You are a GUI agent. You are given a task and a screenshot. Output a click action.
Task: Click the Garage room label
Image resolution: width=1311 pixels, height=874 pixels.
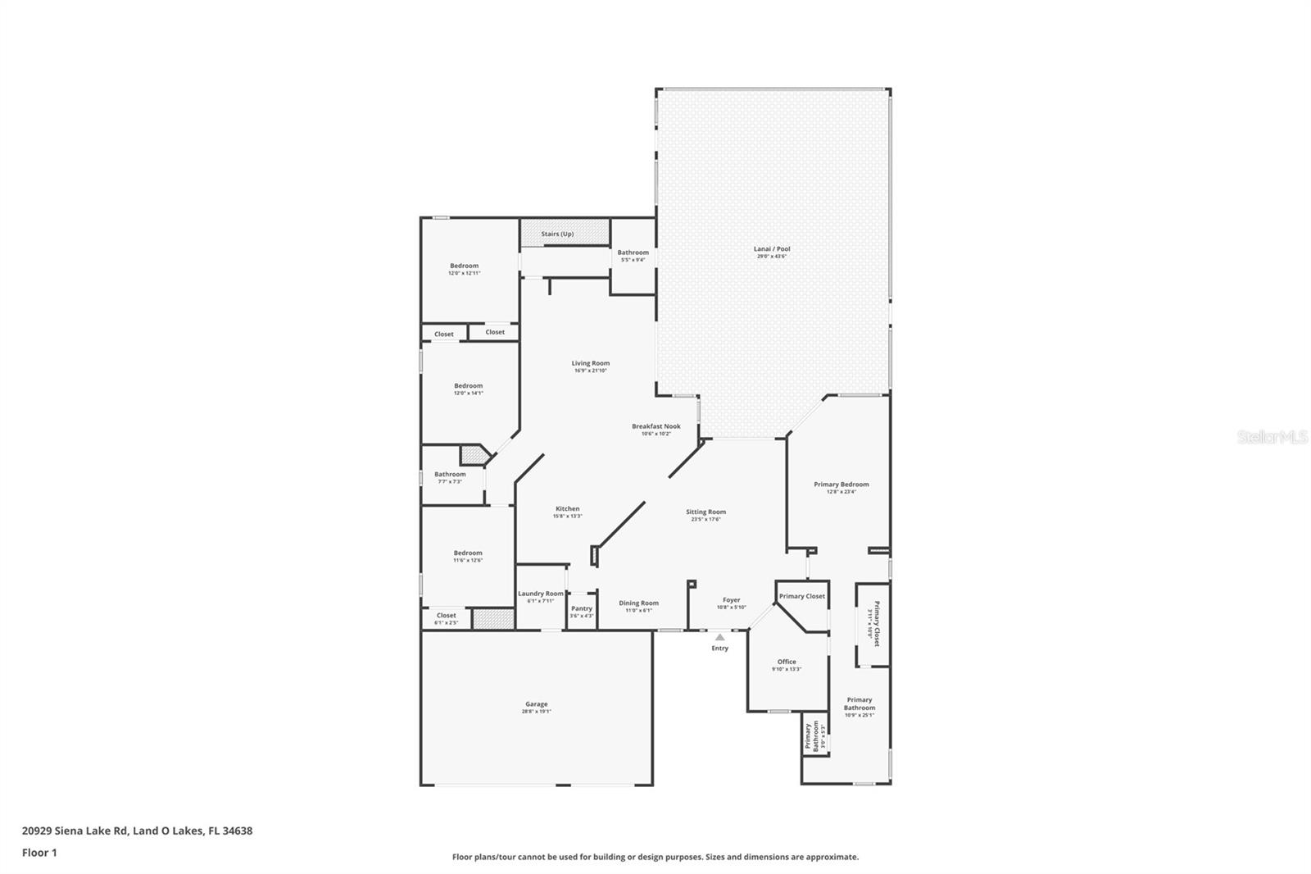[x=537, y=704]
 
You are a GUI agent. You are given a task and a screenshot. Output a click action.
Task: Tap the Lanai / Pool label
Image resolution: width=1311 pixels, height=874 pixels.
[x=772, y=249]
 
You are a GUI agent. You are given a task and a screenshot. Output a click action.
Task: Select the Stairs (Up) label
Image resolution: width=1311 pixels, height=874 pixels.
[x=557, y=234]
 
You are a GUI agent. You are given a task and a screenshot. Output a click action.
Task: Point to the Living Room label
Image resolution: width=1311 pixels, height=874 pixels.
[x=591, y=363]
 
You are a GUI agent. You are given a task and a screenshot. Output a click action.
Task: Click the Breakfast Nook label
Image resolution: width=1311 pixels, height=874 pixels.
[x=656, y=426]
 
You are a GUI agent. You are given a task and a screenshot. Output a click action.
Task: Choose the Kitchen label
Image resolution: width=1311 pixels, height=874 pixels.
[x=567, y=509]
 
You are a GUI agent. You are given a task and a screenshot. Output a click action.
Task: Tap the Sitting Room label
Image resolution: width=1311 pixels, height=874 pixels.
[x=705, y=512]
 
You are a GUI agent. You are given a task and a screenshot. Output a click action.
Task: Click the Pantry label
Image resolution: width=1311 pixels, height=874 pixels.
[x=582, y=608]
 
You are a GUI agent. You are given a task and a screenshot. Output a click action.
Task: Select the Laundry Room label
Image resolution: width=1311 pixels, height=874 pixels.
[x=541, y=594]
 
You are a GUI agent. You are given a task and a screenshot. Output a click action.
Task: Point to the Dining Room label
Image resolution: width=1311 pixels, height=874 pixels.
[x=638, y=603]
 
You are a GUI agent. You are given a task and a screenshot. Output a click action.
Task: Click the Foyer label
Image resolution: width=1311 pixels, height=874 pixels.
[x=731, y=600]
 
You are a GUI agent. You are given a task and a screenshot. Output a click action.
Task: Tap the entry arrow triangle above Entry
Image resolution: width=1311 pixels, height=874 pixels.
[x=719, y=636]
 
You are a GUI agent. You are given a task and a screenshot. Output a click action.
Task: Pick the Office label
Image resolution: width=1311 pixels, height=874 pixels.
[x=787, y=662]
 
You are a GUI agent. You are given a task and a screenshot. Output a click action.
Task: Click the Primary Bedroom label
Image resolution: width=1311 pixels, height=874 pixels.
[x=841, y=485]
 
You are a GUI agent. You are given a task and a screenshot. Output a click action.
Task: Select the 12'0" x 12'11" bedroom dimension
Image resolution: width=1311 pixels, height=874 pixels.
[x=464, y=273]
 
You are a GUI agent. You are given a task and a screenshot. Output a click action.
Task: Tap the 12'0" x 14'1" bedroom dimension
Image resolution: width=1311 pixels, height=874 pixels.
[x=469, y=394]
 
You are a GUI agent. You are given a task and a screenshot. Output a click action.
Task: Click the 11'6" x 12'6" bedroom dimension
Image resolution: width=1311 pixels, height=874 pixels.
[x=468, y=560]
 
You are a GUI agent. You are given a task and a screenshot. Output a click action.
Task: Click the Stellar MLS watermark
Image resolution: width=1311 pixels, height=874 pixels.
[x=1272, y=437]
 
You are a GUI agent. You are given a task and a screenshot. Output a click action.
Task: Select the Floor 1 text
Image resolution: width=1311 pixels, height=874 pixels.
[x=39, y=853]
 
